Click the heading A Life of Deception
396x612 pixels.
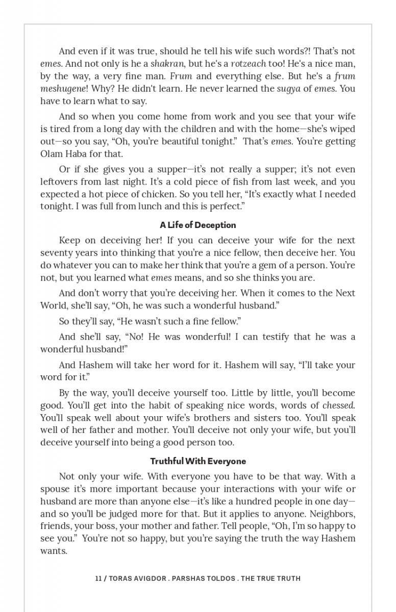(x=197, y=225)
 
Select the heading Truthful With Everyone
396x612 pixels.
(x=197, y=461)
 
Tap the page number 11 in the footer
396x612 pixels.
(x=98, y=578)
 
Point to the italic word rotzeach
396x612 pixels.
(x=248, y=64)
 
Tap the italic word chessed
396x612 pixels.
(x=338, y=405)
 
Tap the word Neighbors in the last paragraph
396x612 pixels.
(x=332, y=514)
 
